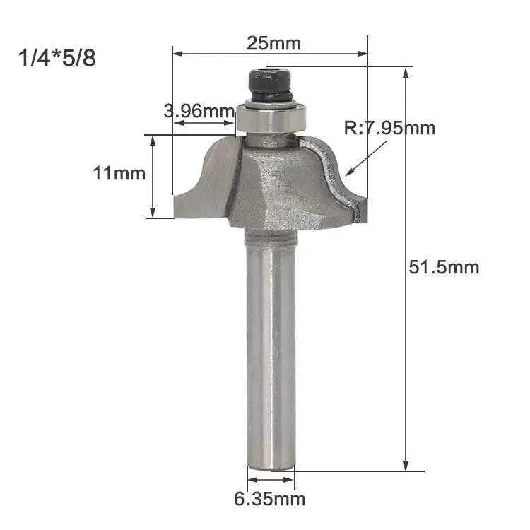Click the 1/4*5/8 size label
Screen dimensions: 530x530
pyautogui.click(x=57, y=58)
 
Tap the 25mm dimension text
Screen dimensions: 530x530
pyautogui.click(x=273, y=43)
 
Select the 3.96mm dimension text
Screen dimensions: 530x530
pyautogui.click(x=199, y=110)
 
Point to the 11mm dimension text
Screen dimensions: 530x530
pyautogui.click(x=119, y=173)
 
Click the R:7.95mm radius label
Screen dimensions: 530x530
pyautogui.click(x=389, y=128)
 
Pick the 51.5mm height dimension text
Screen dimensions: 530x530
pyautogui.click(x=444, y=267)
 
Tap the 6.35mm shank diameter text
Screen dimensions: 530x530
pyautogui.click(x=270, y=499)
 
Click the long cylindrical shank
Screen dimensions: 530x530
pyautogui.click(x=271, y=348)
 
